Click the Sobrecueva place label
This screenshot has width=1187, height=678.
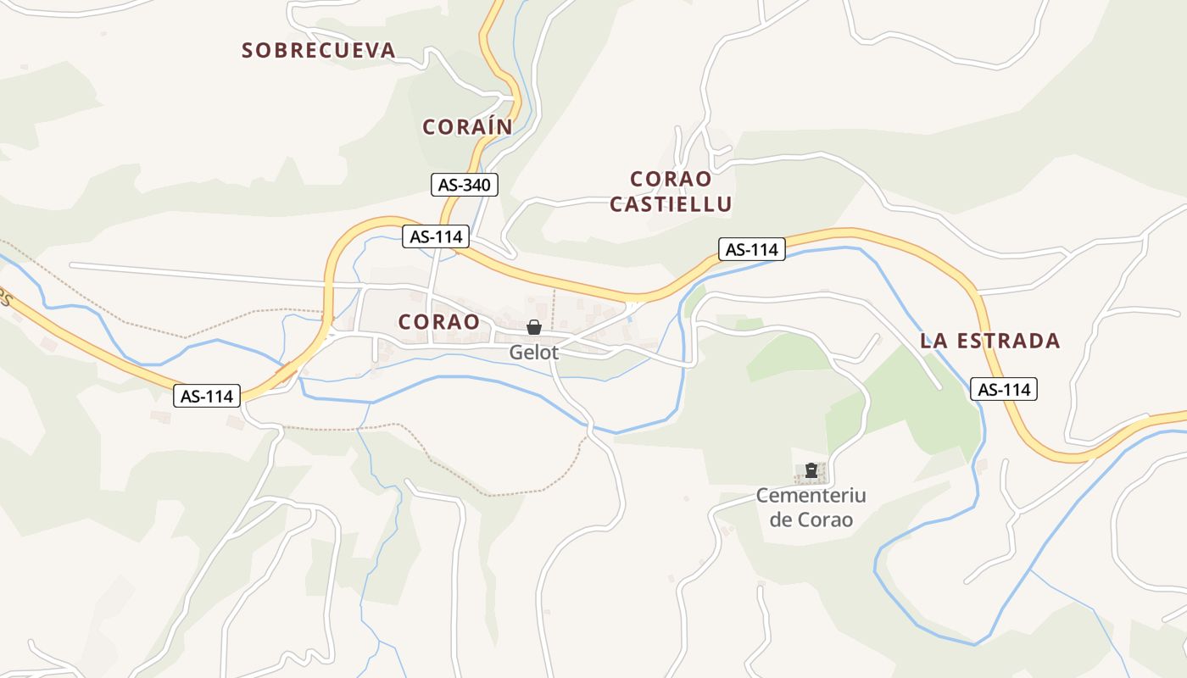pos(319,51)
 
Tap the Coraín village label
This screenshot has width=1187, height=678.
pos(467,127)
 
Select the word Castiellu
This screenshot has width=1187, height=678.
pos(671,204)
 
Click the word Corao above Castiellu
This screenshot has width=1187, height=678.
pos(671,179)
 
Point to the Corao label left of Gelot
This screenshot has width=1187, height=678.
pos(438,322)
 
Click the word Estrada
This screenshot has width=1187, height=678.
pos(1007,342)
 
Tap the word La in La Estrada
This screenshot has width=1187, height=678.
pos(933,342)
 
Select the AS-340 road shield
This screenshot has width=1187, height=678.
pos(465,185)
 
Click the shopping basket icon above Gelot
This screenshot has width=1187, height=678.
pos(534,327)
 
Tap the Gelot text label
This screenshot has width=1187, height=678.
pos(534,352)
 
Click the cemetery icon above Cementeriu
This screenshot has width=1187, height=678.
pos(811,470)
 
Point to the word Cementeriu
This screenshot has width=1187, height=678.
pos(811,495)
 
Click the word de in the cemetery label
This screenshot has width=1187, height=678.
pos(781,520)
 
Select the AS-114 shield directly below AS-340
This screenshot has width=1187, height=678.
pos(435,236)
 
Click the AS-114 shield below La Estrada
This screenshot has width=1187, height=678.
pos(1004,389)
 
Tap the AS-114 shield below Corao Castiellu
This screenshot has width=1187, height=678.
pos(752,249)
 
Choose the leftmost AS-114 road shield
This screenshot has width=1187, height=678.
pos(208,395)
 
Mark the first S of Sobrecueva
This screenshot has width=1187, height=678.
pos(248,51)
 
